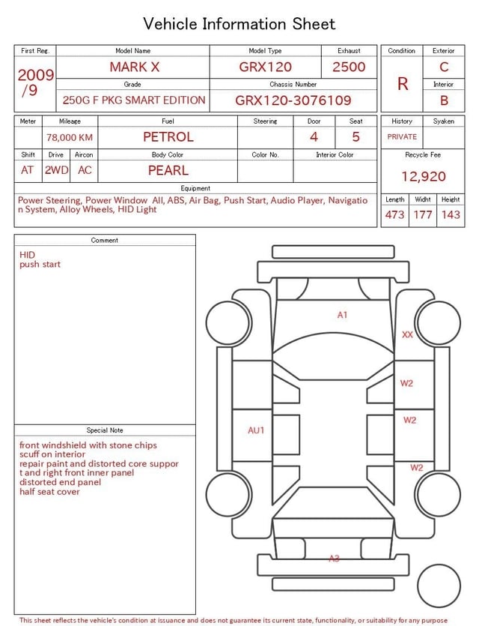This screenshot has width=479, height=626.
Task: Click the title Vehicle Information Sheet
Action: (239, 23)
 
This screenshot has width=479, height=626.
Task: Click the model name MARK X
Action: (134, 67)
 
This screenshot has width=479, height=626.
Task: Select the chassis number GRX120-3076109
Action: (293, 100)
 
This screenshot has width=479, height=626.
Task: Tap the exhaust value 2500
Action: (349, 67)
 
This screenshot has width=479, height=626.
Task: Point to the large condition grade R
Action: (403, 84)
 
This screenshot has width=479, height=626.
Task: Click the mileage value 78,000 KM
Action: (70, 137)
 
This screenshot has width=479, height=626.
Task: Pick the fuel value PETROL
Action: (168, 136)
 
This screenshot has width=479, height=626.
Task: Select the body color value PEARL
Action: (168, 170)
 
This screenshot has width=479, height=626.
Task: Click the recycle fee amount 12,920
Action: (423, 176)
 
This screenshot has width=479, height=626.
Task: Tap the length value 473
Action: (394, 214)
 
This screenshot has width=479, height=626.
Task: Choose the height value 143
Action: (451, 214)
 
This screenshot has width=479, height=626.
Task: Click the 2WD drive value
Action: (56, 170)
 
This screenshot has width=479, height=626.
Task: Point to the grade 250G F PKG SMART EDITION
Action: (134, 100)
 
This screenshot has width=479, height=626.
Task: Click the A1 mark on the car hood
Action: (342, 315)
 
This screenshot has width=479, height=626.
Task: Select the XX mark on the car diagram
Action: (407, 335)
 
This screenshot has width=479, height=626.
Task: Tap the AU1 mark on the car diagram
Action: (257, 430)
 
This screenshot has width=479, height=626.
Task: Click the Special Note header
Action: (105, 430)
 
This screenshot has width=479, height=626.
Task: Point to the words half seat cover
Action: (49, 492)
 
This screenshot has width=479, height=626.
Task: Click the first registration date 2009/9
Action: (35, 82)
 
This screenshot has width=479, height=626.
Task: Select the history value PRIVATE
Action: (402, 137)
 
